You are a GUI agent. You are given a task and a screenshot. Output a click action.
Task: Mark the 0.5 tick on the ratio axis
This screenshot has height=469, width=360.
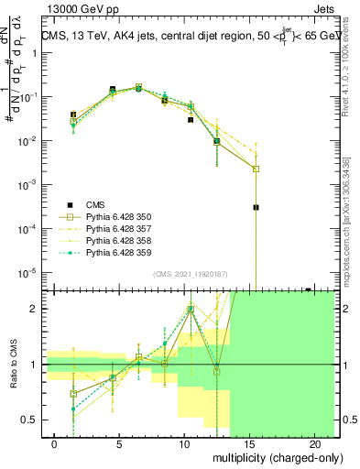coord(31,420)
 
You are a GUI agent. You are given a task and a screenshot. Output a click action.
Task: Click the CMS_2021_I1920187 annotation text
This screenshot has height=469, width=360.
coord(191,275)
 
